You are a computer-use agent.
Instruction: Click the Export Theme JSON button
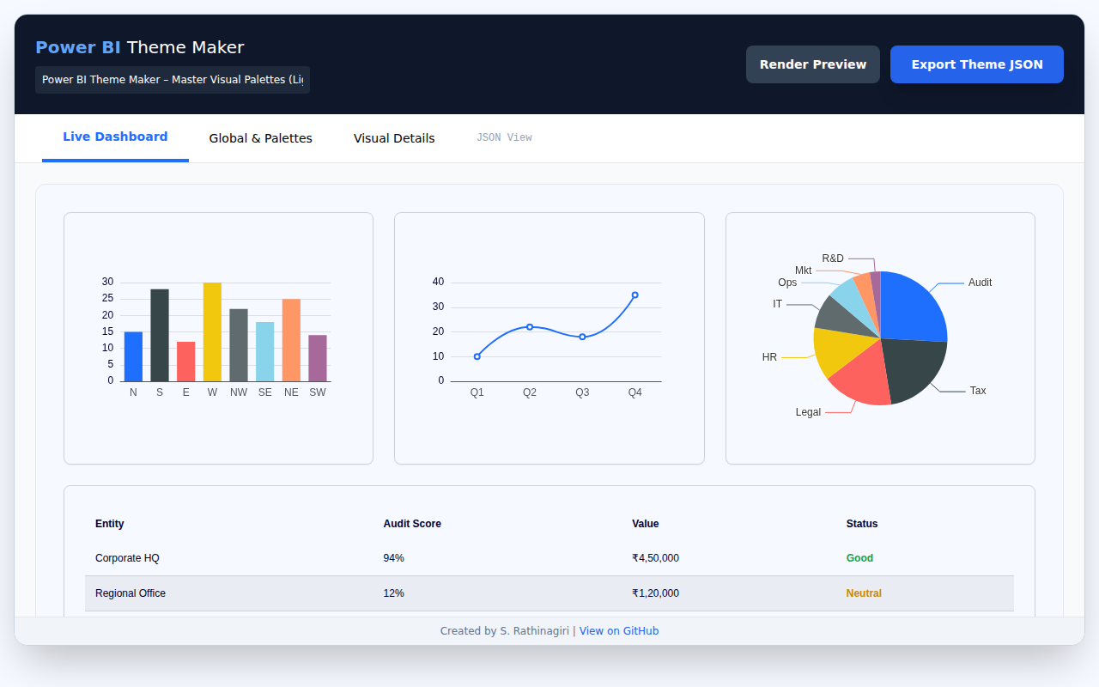(976, 64)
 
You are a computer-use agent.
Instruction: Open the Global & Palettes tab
(260, 138)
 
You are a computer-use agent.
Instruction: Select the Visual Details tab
(394, 138)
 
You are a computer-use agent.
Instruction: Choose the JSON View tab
(504, 137)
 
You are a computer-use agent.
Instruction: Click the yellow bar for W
(212, 331)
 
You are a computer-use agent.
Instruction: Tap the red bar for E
(185, 362)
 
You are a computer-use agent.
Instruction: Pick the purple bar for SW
(318, 358)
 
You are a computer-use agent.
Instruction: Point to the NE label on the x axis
(291, 392)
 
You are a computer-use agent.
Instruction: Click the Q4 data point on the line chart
(635, 295)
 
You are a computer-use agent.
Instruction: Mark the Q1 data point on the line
(477, 356)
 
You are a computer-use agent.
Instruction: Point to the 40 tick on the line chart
(438, 282)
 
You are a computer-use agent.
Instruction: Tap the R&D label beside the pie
(833, 258)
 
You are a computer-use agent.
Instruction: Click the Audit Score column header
(412, 524)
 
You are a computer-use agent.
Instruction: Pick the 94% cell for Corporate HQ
(393, 558)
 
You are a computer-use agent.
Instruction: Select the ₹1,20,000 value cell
(655, 593)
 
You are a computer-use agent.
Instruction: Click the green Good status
(859, 558)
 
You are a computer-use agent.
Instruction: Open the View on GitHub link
(619, 631)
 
